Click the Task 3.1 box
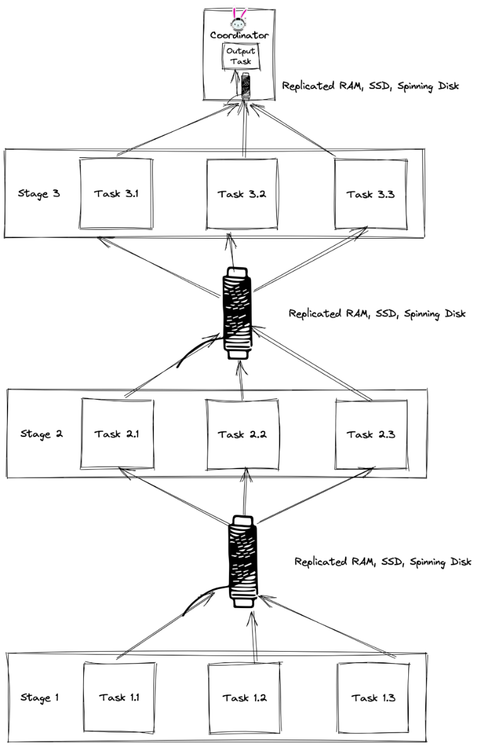(x=115, y=193)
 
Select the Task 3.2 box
(x=242, y=193)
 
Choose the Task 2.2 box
(x=243, y=434)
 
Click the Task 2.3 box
(x=368, y=434)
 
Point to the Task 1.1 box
(x=119, y=697)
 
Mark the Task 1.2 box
(x=244, y=697)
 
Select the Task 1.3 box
(x=373, y=697)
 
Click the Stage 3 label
(x=39, y=194)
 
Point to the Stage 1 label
(x=40, y=697)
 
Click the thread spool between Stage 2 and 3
(x=237, y=314)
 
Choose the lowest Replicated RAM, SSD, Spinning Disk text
(x=382, y=561)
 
